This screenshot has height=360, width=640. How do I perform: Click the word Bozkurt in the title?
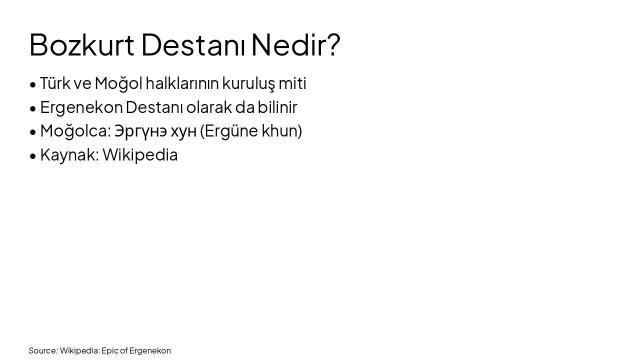click(81, 44)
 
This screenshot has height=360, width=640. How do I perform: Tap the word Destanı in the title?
click(193, 44)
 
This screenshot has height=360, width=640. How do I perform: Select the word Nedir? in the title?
click(295, 44)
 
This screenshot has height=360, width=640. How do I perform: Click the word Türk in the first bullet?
click(55, 83)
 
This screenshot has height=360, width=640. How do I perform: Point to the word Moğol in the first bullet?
click(118, 83)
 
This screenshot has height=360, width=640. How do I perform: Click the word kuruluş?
click(248, 83)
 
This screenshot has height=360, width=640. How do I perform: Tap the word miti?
click(292, 83)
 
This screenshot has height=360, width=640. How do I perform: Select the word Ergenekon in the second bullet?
click(81, 107)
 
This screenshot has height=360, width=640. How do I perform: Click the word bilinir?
click(277, 107)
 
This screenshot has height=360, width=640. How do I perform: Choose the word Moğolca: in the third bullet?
click(75, 131)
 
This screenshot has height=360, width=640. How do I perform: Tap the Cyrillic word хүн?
click(183, 131)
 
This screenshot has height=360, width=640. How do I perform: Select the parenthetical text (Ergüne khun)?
click(251, 131)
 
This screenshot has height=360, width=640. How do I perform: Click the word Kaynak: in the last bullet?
click(69, 155)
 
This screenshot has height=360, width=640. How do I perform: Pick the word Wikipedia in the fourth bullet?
click(140, 155)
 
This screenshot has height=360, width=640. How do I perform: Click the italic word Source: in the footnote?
click(43, 350)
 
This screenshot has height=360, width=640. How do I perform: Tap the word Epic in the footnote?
click(109, 350)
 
